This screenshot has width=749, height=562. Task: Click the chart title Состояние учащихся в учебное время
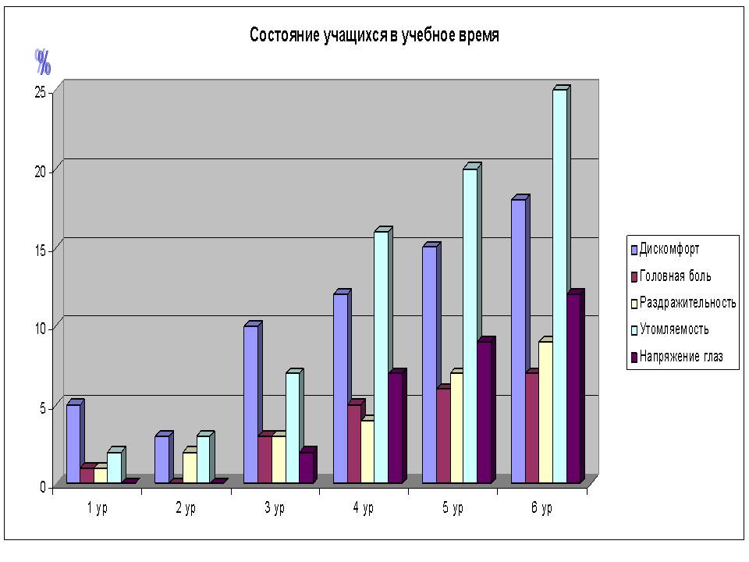374,36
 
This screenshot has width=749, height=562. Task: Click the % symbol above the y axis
43,61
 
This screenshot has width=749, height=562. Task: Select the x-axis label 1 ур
97,509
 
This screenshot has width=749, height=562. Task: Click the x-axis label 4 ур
364,509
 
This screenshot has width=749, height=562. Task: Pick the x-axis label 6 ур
541,509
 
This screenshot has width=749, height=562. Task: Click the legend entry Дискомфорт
669,250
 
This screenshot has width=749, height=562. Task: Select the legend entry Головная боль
675,276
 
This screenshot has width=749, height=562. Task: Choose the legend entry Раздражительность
687,303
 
